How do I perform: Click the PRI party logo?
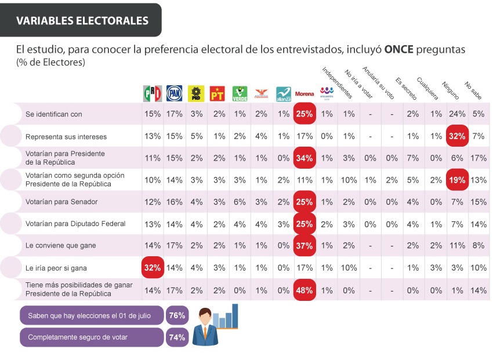coord(153,93)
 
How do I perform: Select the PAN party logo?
coord(174,93)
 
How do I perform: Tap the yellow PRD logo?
coord(196,93)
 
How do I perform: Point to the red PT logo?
coord(217,93)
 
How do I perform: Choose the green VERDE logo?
coord(240,93)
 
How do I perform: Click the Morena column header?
coord(304,93)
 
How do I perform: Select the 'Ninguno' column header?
coord(450,90)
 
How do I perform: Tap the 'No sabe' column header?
coord(473,90)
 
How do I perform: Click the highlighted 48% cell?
coord(304,290)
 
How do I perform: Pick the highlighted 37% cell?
coord(304,245)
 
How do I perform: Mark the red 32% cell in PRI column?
coord(153,268)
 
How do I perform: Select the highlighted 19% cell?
coord(457,180)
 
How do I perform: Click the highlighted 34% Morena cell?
coord(304,158)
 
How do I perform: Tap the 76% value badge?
coord(177,315)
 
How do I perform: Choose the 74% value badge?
coord(177,337)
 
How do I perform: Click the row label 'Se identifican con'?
coord(54,114)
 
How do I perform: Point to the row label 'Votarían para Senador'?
coord(61,202)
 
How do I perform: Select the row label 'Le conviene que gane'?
coord(61,245)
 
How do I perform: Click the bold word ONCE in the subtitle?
coord(398,49)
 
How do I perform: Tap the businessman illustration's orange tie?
coord(205,332)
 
